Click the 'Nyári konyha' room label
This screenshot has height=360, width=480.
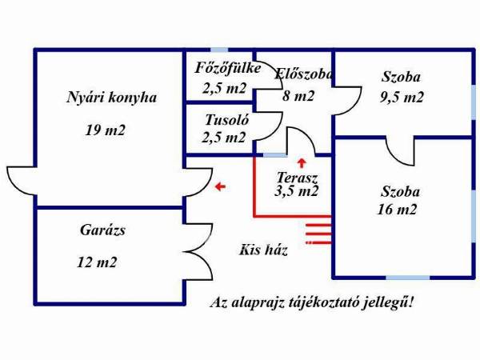point(111,98)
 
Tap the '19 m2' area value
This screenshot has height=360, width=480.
point(106,130)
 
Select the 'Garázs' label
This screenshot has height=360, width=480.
point(102,230)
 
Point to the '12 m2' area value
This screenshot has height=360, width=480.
point(98,262)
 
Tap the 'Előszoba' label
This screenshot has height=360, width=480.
point(303,74)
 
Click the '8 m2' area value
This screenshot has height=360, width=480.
point(298,96)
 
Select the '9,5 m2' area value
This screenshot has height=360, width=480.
point(402,98)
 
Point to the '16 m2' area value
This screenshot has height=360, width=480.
point(398,210)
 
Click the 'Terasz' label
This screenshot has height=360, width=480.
point(298,177)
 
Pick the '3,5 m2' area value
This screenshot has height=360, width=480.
point(297,192)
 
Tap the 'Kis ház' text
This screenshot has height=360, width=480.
point(263,250)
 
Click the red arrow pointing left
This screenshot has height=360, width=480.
point(220,187)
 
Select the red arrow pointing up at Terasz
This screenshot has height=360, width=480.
point(302,164)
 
